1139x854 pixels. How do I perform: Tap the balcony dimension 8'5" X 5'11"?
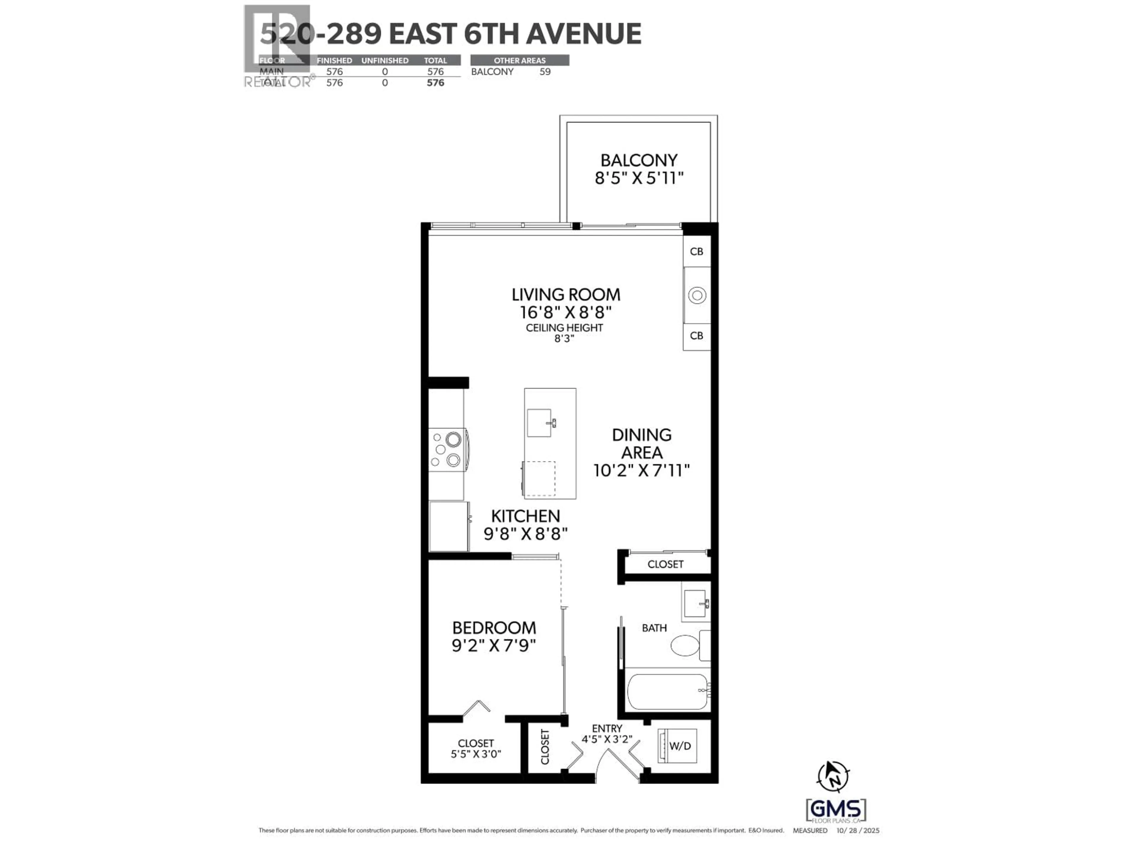click(639, 178)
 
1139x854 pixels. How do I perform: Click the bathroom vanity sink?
click(695, 603)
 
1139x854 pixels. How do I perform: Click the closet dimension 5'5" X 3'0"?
click(476, 754)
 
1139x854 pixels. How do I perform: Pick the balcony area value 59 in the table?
click(545, 71)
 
